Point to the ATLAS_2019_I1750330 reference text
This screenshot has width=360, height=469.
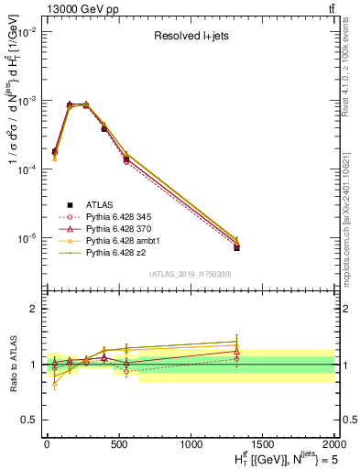(191, 274)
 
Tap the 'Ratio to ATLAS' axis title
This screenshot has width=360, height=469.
(10, 364)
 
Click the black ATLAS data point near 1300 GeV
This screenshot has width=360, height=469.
(235, 247)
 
